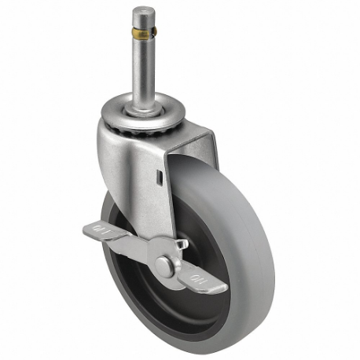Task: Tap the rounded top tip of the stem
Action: (141, 10)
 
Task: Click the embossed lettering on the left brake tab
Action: (100, 230)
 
